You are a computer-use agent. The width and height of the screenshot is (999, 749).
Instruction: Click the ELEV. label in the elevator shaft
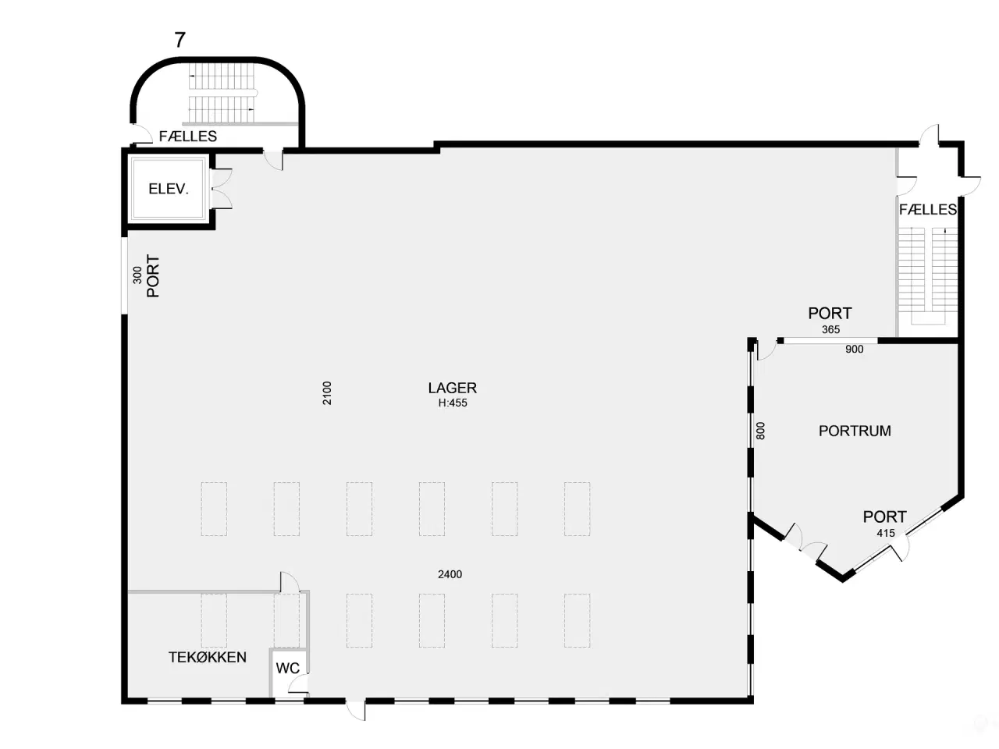pos(169,188)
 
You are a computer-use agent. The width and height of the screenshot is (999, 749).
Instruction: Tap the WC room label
pos(288,668)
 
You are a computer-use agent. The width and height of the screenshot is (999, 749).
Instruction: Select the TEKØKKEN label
pos(208,657)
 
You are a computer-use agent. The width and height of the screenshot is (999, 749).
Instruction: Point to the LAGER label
pos(453,388)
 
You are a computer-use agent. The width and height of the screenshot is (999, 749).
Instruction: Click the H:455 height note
pos(453,403)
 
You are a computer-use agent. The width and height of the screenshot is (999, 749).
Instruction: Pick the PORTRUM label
pos(855,431)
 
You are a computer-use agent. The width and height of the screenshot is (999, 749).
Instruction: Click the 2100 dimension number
pos(327,393)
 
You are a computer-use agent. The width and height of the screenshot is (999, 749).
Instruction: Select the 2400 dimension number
pos(450,574)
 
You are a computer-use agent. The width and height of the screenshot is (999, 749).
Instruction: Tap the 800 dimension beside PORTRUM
pos(760,431)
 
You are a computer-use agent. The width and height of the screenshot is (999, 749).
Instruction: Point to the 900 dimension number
pos(855,350)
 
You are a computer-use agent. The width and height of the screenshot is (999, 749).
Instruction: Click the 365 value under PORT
pos(830,330)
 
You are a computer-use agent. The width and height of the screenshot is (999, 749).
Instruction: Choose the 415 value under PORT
pos(886,533)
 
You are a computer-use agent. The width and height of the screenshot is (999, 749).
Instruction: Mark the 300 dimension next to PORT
pos(137,275)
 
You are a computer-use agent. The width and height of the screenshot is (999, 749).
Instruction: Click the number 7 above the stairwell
pos(180,40)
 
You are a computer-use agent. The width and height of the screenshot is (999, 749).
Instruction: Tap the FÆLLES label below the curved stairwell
pos(188,136)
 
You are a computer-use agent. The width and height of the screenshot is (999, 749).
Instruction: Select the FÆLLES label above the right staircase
pos(928,209)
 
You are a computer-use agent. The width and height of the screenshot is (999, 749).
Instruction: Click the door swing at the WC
pos(299,684)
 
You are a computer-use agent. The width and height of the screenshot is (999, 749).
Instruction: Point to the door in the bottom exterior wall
pos(356,710)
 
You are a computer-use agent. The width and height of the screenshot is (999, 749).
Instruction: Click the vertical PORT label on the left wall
pos(153,276)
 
